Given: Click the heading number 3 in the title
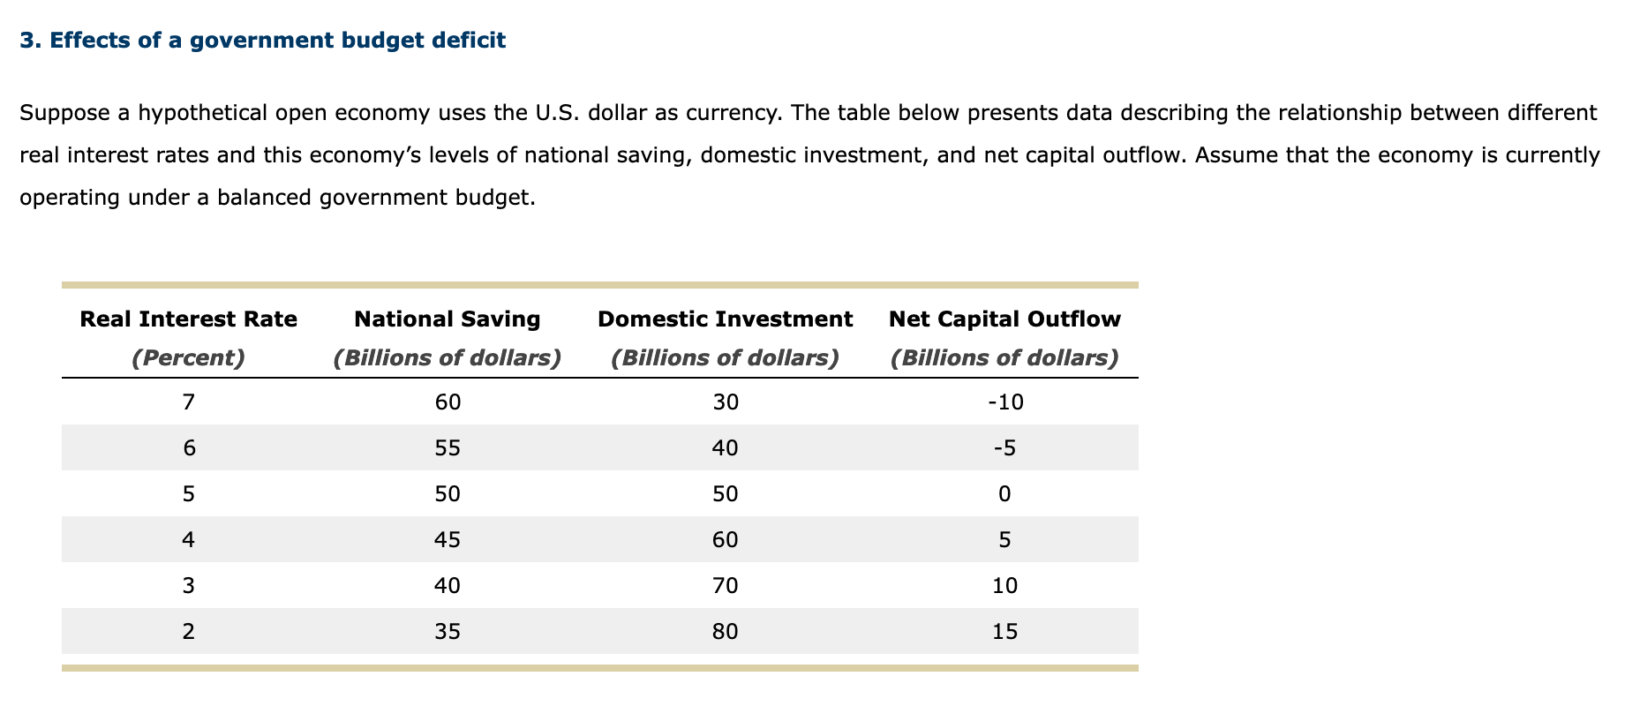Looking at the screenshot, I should [26, 41].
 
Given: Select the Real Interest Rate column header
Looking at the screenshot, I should [188, 319].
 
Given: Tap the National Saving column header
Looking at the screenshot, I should [447, 319].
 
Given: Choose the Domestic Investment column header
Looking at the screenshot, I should [725, 319].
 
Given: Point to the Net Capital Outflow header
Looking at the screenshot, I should [1004, 319].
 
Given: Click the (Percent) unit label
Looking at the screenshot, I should [188, 357].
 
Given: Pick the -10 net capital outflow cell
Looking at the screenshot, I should [1004, 402].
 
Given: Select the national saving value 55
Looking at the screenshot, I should [448, 448].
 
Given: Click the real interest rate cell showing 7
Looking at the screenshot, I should [188, 402].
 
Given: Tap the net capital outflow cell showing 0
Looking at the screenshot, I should [1004, 494].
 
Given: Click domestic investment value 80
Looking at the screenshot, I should [725, 632].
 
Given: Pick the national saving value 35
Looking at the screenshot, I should [448, 632].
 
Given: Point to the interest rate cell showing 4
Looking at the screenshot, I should [188, 540].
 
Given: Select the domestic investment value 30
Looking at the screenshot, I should [725, 402].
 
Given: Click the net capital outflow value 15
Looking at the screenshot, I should [1004, 632].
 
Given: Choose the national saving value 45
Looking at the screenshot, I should [448, 540].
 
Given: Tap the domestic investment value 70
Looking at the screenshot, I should [725, 586].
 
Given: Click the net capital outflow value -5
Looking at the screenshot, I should [1004, 448].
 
